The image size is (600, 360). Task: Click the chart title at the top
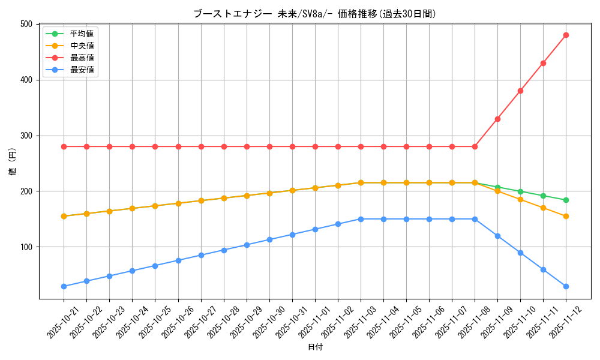point(314,13)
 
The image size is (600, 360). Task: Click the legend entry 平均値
point(82,34)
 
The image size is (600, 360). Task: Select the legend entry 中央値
point(82,46)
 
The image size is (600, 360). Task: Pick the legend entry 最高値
point(82,58)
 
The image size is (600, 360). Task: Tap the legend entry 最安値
point(82,70)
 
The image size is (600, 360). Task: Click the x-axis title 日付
point(315,347)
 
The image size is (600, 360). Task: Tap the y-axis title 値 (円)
point(13,161)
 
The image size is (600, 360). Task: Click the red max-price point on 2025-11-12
point(566,35)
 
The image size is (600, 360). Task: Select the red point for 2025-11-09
point(497,119)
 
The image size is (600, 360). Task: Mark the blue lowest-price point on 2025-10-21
point(64,286)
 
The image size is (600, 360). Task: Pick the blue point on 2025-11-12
point(566,286)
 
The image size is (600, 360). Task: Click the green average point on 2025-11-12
point(566,200)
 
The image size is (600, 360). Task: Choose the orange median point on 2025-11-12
point(566,216)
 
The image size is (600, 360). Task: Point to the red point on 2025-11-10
point(520,91)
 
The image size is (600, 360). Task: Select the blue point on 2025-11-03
point(361,219)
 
